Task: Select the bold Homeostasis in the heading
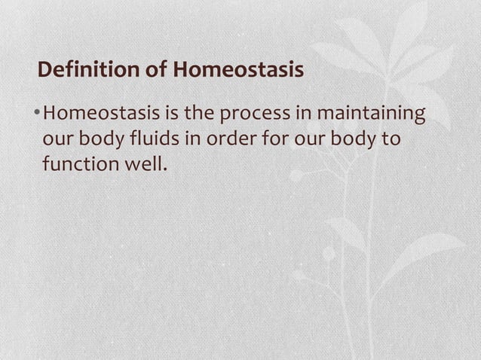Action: (239, 71)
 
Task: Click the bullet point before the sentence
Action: (37, 115)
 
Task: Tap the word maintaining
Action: (371, 115)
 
